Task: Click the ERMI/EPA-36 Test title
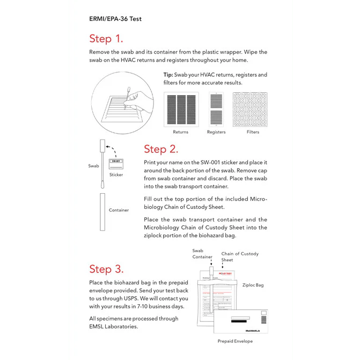[115, 18]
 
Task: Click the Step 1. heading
[106, 39]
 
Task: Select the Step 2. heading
[161, 149]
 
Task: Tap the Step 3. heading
[106, 269]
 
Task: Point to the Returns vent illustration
[181, 109]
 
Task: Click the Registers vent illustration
[216, 109]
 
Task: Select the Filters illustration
[250, 109]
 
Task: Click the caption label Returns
[181, 132]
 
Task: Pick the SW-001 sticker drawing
[115, 163]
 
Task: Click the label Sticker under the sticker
[116, 175]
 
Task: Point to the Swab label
[93, 166]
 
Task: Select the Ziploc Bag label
[253, 285]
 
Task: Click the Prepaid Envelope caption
[235, 341]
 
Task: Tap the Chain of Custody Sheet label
[239, 257]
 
